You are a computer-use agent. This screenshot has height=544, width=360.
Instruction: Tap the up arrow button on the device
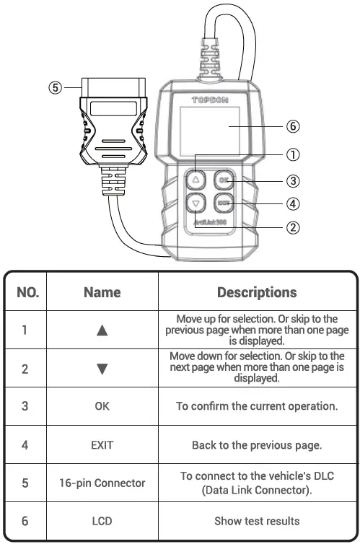pyautogui.click(x=196, y=178)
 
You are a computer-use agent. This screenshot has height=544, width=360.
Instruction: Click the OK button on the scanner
pyautogui.click(x=224, y=178)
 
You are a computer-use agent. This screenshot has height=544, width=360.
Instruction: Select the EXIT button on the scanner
pyautogui.click(x=224, y=203)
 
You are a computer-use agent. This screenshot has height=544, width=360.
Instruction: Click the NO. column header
pyautogui.click(x=27, y=292)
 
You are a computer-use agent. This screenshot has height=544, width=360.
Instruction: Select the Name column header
pyautogui.click(x=102, y=292)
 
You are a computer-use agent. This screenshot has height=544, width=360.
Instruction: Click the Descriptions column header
pyautogui.click(x=257, y=292)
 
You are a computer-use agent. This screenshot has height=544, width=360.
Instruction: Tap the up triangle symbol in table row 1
pyautogui.click(x=102, y=330)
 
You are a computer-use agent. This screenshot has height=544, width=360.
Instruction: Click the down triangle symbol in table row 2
pyautogui.click(x=102, y=369)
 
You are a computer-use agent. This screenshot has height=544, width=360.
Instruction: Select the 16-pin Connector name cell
pyautogui.click(x=102, y=483)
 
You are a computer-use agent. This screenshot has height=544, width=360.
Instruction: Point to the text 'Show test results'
pyautogui.click(x=257, y=520)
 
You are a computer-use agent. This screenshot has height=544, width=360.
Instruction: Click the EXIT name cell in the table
pyautogui.click(x=102, y=444)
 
